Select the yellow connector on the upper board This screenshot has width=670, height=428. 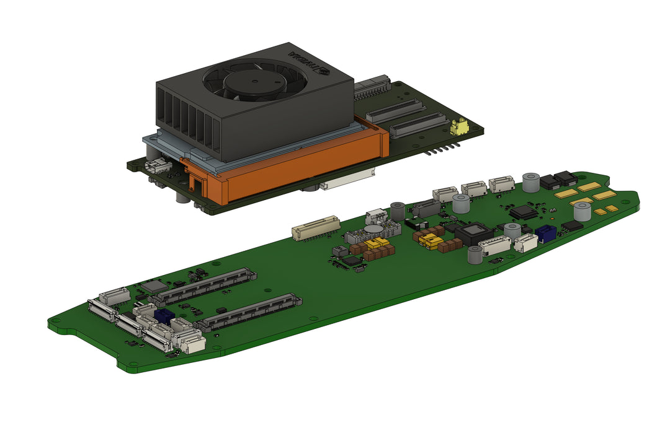click(x=459, y=126)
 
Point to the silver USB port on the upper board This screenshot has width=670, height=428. click(x=158, y=165)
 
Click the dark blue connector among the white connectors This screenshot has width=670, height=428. click(x=164, y=316)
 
